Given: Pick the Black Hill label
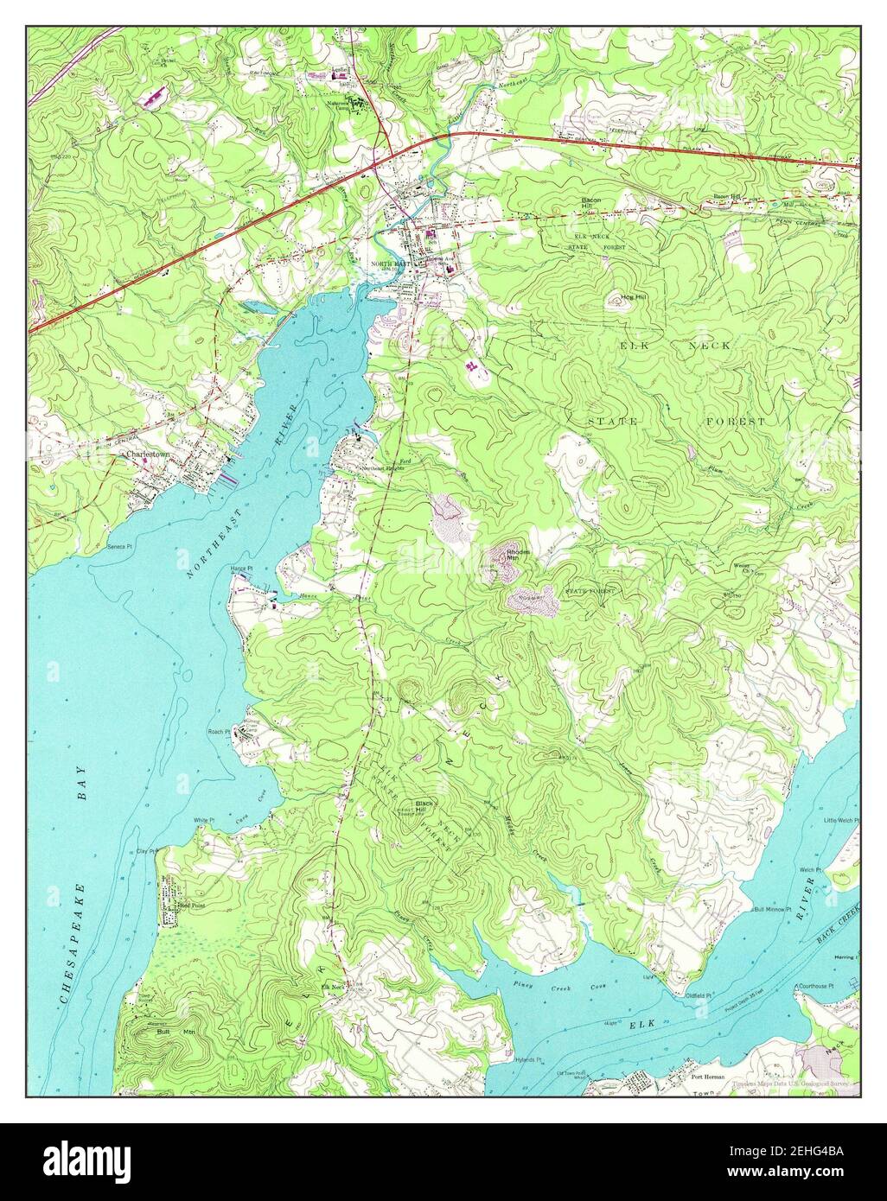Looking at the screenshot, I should [x=424, y=804].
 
